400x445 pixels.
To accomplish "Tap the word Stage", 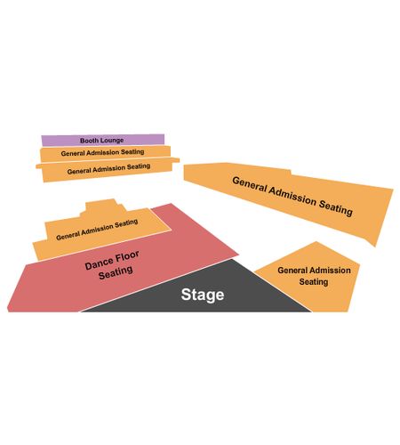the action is pyautogui.click(x=203, y=295).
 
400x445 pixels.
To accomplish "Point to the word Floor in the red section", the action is pyautogui.click(x=127, y=256).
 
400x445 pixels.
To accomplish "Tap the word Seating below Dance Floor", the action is pyautogui.click(x=116, y=272).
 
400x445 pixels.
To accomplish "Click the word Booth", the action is pyautogui.click(x=89, y=141).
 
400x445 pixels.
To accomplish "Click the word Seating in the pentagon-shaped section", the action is pyautogui.click(x=314, y=281).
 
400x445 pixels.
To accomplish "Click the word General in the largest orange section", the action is pyautogui.click(x=250, y=185).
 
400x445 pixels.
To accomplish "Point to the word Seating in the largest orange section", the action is pyautogui.click(x=335, y=207).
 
